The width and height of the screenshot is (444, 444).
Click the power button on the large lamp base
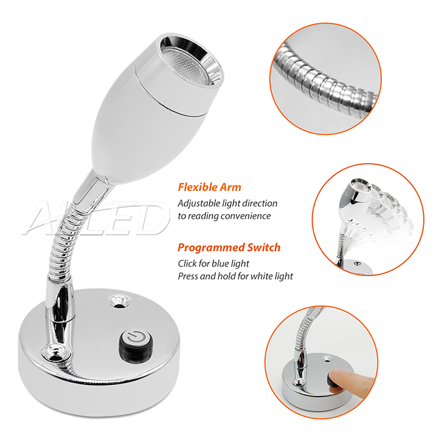[x=136, y=346]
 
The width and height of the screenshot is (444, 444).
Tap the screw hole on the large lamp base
[x=119, y=301]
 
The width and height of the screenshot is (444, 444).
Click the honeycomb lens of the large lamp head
[x=189, y=61]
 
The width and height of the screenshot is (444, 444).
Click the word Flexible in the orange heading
[x=197, y=187]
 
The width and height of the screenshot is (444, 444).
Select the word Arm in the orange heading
[x=230, y=187]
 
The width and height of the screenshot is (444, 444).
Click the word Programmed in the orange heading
[x=211, y=248]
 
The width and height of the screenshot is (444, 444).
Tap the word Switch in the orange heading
[x=263, y=248]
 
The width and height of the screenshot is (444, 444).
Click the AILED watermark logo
[x=96, y=218]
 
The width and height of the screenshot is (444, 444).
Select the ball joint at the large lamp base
[x=55, y=352]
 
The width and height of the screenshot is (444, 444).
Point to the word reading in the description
[x=203, y=217]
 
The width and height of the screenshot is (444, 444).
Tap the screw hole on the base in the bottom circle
[x=328, y=359]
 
